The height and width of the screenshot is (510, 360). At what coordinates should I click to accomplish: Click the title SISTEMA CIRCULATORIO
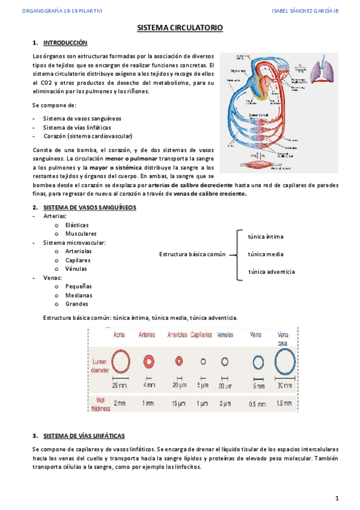click(x=180, y=28)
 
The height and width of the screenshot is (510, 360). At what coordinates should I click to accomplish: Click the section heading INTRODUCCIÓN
click(x=65, y=43)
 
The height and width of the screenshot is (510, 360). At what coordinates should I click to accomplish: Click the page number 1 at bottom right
click(x=337, y=498)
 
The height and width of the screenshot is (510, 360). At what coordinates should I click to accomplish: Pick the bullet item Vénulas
click(x=77, y=269)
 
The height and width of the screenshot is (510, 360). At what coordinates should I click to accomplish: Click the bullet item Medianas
click(x=79, y=295)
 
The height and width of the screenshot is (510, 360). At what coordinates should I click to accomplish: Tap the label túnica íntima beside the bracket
click(x=265, y=236)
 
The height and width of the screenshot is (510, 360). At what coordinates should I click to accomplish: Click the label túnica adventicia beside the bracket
click(x=272, y=272)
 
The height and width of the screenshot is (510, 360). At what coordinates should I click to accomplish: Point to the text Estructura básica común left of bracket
click(x=192, y=254)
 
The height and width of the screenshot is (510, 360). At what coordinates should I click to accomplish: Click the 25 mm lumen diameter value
click(x=119, y=384)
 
